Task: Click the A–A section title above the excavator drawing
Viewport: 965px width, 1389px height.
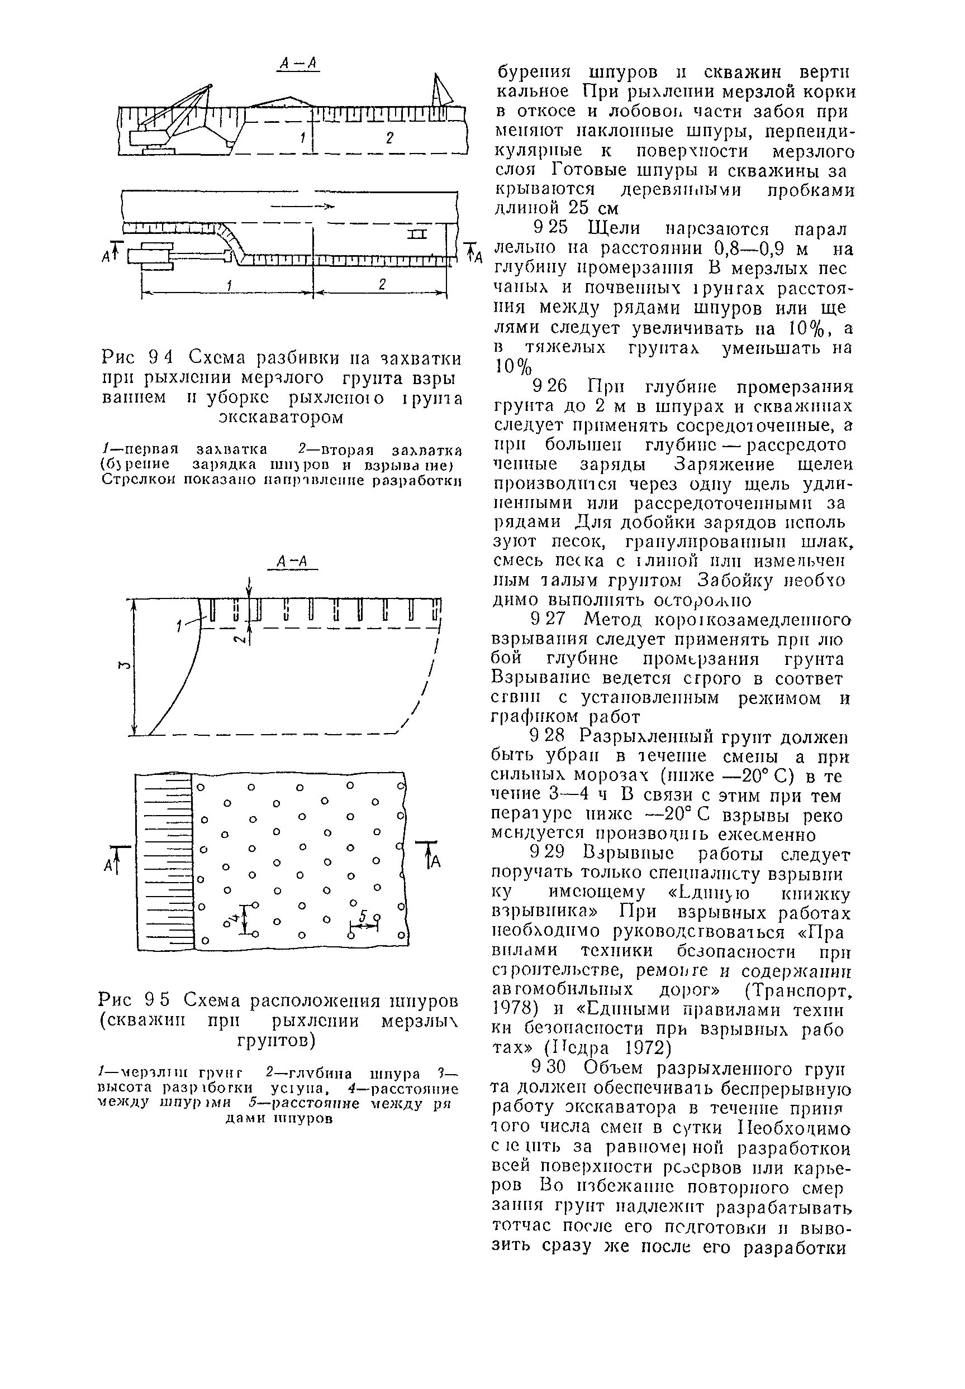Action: tap(298, 64)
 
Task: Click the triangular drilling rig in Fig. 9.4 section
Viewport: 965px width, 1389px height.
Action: tap(442, 89)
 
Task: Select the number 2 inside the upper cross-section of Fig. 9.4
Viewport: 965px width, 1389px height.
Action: tap(390, 138)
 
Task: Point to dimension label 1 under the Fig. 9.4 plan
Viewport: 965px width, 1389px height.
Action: tap(229, 285)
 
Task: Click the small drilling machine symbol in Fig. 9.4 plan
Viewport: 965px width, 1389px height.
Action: tap(416, 234)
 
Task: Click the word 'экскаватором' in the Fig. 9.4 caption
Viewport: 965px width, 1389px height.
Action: tap(281, 418)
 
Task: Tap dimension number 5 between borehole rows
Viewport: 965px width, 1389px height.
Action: tap(363, 917)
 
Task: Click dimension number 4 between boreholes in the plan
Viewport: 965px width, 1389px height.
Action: tap(234, 919)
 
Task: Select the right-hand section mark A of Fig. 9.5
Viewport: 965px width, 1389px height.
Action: tap(435, 863)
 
